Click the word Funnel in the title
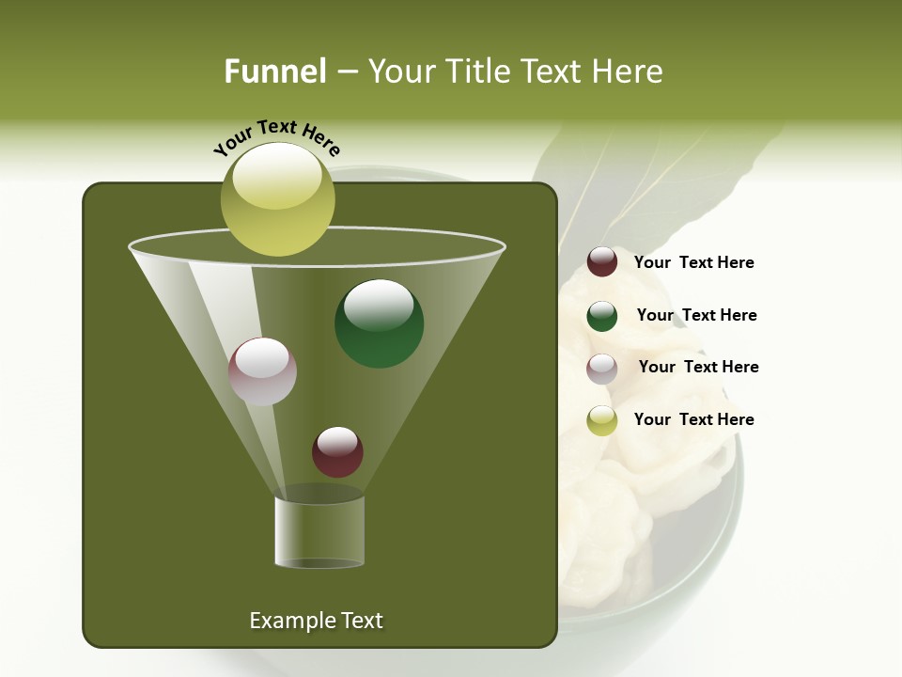[274, 71]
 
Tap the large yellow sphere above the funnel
[277, 198]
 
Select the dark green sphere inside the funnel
[379, 323]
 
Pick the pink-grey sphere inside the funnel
[262, 371]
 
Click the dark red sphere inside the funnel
[337, 452]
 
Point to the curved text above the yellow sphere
[276, 136]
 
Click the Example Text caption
[316, 621]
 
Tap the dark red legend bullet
[602, 262]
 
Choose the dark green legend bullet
[602, 316]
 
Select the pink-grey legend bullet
[602, 369]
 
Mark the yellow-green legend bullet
[602, 420]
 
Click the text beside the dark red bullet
[693, 263]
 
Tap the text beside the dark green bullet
[696, 315]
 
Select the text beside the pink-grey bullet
[698, 367]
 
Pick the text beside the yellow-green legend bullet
[693, 419]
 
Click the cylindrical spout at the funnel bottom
[319, 531]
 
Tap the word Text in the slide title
[552, 71]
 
